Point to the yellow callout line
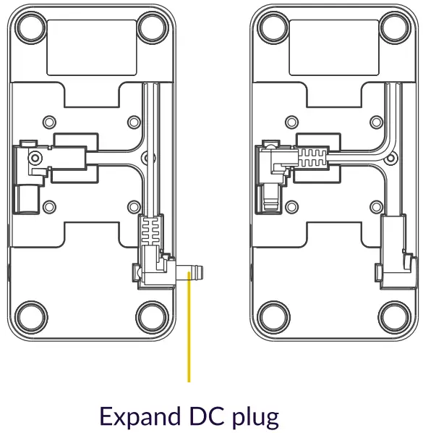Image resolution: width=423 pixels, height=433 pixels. (x=189, y=333)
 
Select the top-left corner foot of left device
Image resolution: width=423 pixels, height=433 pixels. (x=30, y=28)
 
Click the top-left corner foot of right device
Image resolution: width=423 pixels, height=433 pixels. (x=273, y=28)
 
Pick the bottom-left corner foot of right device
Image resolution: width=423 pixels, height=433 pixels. (x=273, y=316)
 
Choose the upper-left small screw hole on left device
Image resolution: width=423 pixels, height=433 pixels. (x=48, y=121)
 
